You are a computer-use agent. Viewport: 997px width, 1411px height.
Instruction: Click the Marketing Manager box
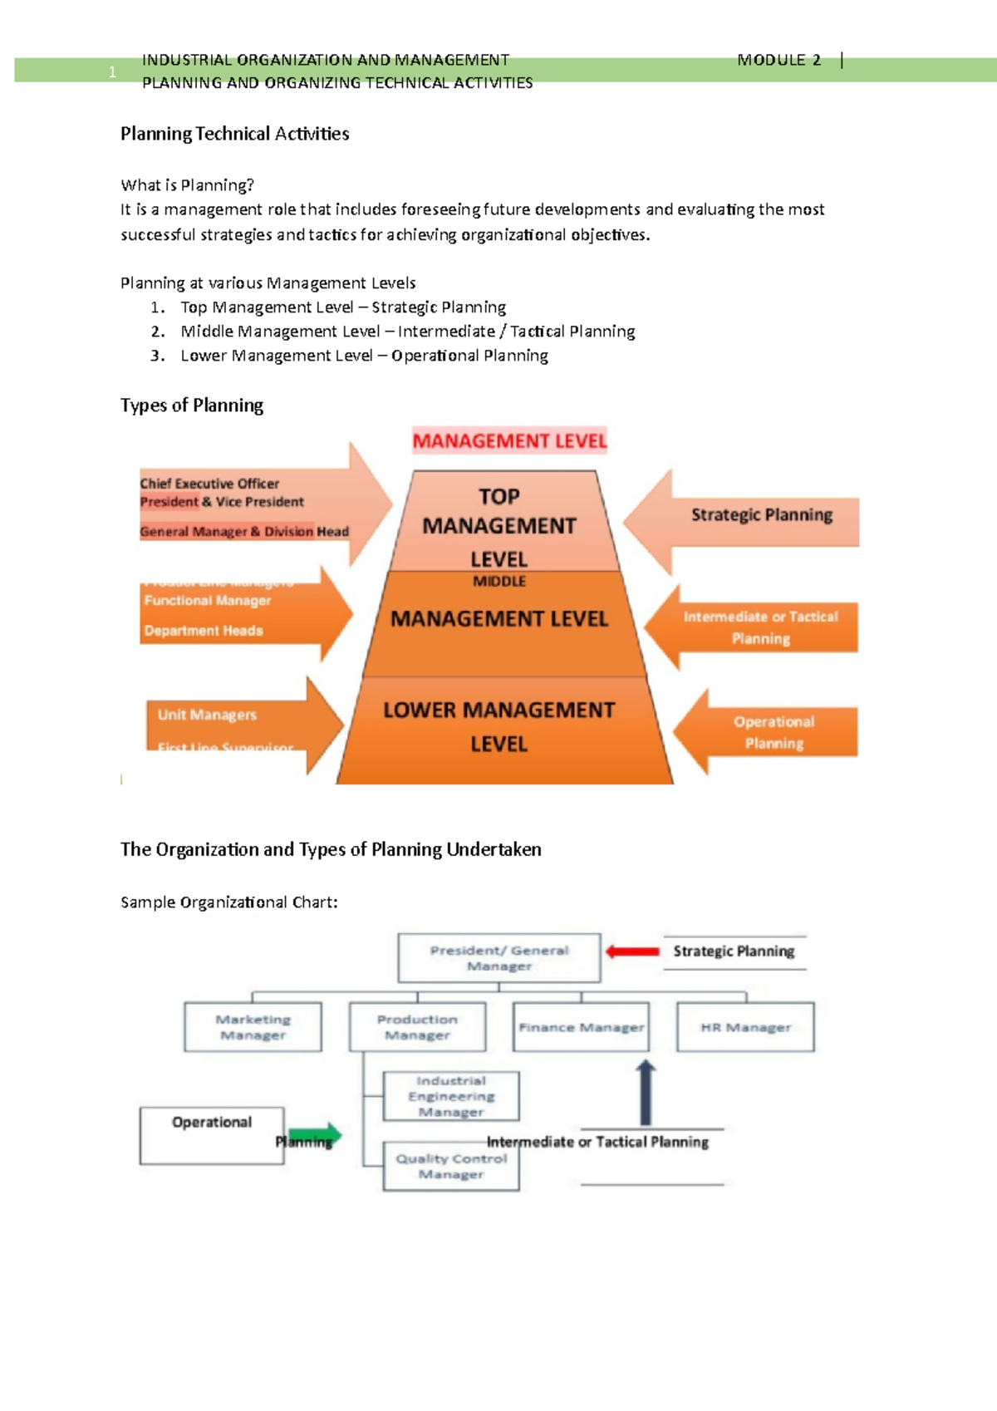tap(253, 1027)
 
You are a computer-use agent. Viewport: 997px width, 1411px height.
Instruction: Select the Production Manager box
tap(417, 1027)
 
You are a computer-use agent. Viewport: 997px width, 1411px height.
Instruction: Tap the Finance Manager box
tap(581, 1027)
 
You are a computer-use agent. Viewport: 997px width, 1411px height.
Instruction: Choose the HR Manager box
tap(745, 1027)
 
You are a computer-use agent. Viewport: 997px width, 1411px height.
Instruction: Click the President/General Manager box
tap(498, 957)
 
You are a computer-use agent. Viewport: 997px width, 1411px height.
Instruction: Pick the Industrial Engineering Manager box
tap(451, 1096)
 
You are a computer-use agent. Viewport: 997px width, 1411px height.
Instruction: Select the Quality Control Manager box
tap(451, 1166)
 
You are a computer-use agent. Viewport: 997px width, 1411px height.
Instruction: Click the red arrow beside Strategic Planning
tap(632, 951)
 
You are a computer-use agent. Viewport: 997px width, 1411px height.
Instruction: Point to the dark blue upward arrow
tap(646, 1092)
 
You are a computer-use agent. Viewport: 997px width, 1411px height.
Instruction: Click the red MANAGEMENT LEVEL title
tap(509, 441)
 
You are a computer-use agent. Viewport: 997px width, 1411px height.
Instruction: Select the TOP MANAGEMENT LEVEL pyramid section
tap(499, 524)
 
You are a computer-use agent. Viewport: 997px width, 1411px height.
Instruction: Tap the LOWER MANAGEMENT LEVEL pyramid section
tap(499, 728)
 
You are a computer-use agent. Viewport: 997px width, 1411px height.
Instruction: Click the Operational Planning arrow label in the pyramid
tap(774, 732)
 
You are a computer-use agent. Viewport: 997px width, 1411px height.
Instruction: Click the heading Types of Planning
tap(192, 406)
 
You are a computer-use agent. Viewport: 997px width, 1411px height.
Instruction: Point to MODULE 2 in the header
tap(778, 60)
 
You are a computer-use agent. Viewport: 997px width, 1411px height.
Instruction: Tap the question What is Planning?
tap(187, 185)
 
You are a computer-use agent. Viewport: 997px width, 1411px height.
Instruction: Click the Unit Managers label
tap(207, 715)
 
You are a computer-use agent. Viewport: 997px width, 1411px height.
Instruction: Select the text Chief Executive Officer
tap(209, 484)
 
